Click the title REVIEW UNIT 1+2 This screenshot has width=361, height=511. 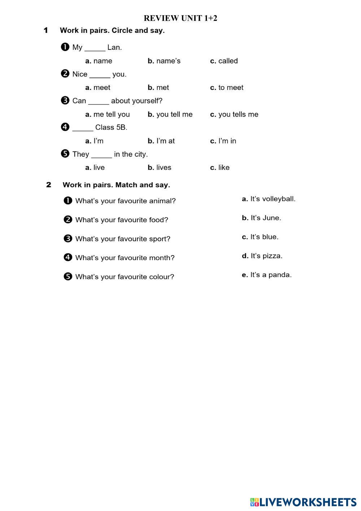click(x=180, y=18)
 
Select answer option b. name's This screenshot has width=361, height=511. click(x=164, y=61)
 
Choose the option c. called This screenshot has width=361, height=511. click(x=224, y=61)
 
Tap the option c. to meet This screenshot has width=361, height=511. click(x=227, y=87)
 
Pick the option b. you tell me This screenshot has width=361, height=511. click(x=170, y=114)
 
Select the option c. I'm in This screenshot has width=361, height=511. click(x=223, y=141)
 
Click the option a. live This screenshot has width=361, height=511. click(x=95, y=167)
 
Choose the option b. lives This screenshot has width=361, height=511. click(x=160, y=167)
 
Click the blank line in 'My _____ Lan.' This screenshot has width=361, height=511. click(x=95, y=50)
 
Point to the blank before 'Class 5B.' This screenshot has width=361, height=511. click(x=83, y=130)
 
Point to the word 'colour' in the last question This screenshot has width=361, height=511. click(x=162, y=277)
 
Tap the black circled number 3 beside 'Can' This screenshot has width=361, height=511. click(x=65, y=100)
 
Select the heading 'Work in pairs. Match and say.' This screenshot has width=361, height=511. click(x=116, y=185)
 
